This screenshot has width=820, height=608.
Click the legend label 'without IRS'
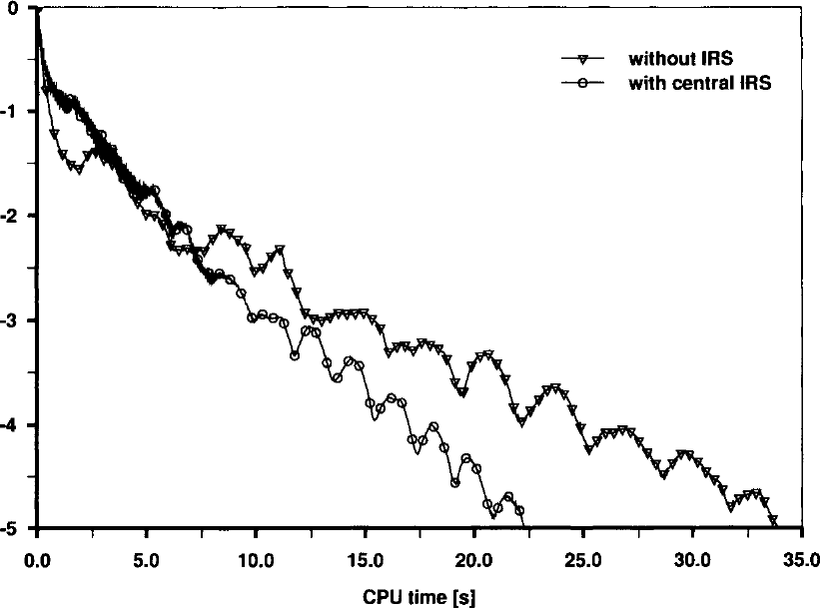coord(680,58)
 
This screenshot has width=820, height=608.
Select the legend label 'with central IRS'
coord(700,83)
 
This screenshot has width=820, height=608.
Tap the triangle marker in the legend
coord(582,59)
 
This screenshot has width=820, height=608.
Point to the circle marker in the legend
coord(582,83)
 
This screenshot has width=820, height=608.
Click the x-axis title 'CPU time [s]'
coord(419,596)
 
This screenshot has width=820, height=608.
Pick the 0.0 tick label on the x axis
coord(37,560)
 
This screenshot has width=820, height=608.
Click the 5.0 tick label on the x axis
coord(147,560)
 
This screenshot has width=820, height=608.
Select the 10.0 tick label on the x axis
coord(257,560)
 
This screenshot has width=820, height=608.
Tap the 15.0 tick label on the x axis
coord(365,560)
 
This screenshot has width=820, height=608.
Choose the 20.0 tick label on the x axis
coord(473,560)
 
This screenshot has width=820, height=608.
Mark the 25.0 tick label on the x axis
coord(583,560)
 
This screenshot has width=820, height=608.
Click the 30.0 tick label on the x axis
coord(692,560)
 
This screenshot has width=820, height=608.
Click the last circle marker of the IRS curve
coord(519,510)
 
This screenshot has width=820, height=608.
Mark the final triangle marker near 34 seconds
coord(773,519)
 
